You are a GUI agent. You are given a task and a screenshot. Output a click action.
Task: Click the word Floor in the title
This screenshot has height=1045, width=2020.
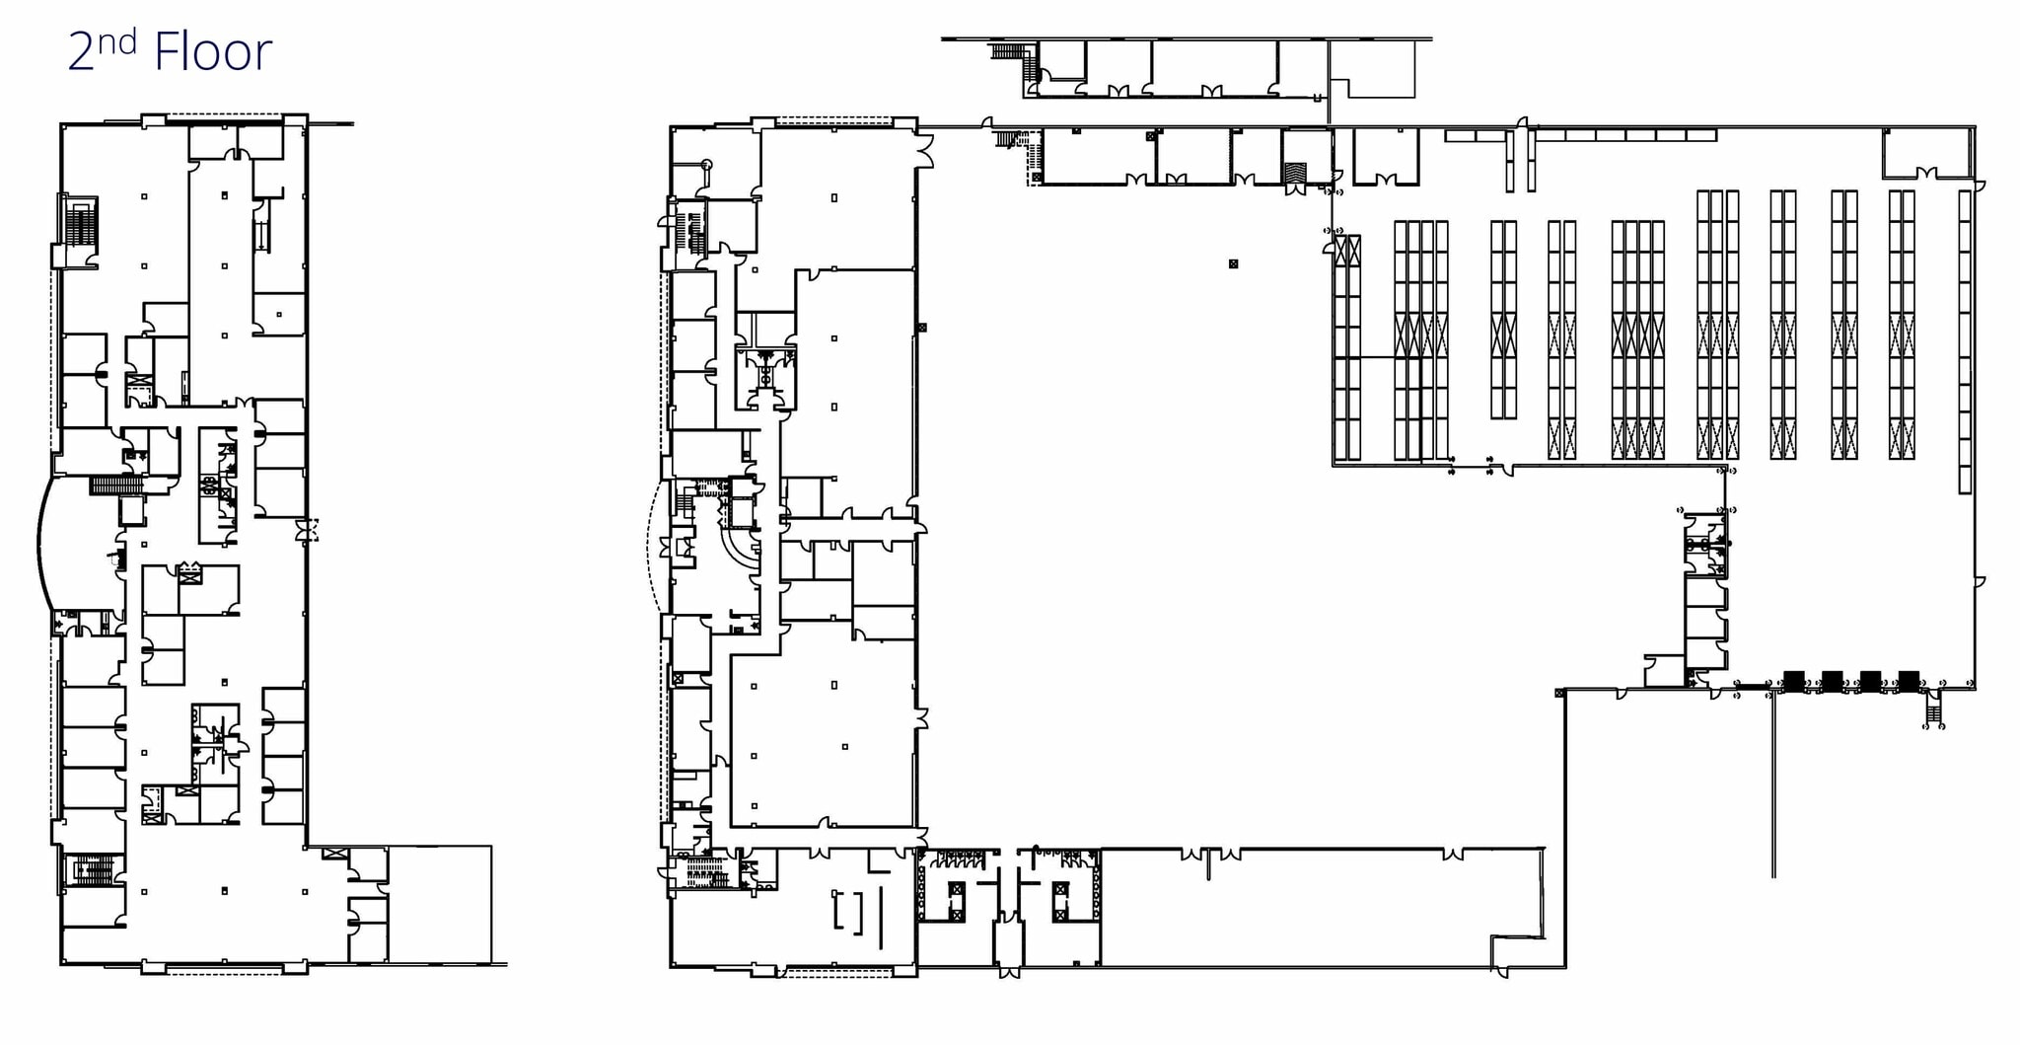click(x=212, y=52)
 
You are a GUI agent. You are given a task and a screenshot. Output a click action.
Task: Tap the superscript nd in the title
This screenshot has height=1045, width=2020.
click(x=116, y=41)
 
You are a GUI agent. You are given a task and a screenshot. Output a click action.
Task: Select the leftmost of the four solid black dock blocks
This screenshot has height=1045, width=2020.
click(x=1794, y=680)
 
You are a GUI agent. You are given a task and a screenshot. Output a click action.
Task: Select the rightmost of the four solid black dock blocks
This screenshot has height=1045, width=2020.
click(x=1909, y=680)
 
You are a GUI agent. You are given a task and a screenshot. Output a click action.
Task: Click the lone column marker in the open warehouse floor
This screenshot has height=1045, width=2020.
click(x=1233, y=263)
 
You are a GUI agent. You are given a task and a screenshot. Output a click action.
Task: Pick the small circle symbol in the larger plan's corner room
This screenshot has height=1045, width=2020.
click(x=706, y=164)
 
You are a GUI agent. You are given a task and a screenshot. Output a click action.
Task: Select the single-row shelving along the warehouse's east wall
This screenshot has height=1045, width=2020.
click(x=1965, y=341)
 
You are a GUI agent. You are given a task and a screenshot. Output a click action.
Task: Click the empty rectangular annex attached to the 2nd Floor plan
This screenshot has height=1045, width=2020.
click(x=439, y=903)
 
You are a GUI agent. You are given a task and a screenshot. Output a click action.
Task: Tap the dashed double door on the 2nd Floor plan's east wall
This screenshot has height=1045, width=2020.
click(x=310, y=530)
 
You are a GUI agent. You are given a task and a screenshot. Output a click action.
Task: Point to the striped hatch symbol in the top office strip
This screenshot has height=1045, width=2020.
click(x=1295, y=172)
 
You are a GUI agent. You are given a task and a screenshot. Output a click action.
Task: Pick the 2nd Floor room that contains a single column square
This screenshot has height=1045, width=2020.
click(x=279, y=314)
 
